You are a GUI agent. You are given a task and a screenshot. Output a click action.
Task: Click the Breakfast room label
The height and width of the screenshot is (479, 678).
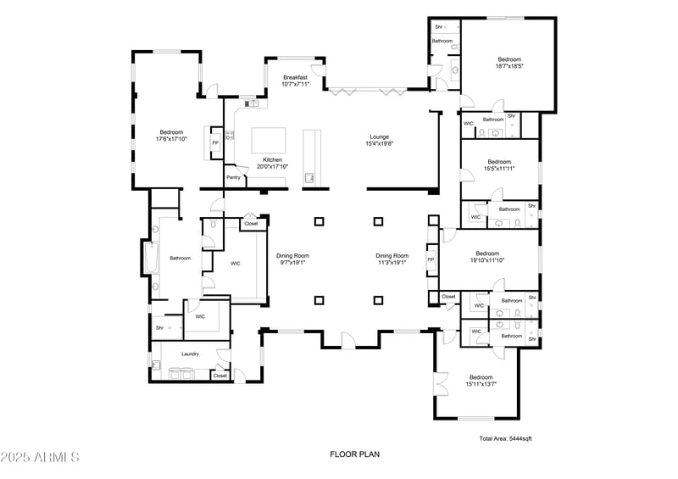coord(296,77)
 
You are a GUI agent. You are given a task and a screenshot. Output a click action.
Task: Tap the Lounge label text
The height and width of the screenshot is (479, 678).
coord(379,136)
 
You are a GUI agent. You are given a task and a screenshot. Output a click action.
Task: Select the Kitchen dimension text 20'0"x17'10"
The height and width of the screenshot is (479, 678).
coord(272,166)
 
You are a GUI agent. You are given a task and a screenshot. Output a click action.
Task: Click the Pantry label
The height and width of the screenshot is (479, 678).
coord(233,177)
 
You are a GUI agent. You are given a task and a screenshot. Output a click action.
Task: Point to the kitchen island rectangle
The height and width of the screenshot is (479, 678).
coord(269,139)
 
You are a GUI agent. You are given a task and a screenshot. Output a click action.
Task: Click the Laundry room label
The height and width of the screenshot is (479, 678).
coord(190,354)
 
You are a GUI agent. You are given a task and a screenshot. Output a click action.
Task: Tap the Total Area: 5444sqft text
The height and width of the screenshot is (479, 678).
coord(505,438)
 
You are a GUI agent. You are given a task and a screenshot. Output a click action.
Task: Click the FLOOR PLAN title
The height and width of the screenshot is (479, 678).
coord(354,455)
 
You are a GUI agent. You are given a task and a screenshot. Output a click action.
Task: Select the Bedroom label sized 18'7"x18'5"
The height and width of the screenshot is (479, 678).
coord(508,59)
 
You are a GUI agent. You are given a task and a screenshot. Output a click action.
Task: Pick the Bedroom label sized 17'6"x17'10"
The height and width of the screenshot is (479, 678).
coord(171,131)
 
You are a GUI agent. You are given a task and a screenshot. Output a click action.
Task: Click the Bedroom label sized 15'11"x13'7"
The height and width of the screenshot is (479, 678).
coord(481,377)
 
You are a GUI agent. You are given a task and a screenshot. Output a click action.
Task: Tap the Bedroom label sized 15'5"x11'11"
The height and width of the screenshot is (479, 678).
coord(499,161)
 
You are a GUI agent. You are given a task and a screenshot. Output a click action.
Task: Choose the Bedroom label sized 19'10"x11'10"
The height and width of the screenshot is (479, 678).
coord(487,253)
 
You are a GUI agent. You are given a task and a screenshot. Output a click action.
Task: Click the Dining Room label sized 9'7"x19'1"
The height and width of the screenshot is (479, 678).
coord(292,255)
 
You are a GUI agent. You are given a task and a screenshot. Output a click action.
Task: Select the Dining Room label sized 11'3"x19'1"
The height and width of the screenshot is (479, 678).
coord(392,255)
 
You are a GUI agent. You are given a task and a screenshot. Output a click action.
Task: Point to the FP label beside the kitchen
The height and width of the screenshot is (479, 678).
coord(215,142)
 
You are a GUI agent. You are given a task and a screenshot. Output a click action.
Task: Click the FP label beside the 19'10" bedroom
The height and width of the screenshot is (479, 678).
coord(431,259)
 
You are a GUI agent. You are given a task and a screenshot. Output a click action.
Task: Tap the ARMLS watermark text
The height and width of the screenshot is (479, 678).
coord(40,457)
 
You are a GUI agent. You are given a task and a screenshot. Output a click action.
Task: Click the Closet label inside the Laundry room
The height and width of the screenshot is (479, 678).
coord(220,375)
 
